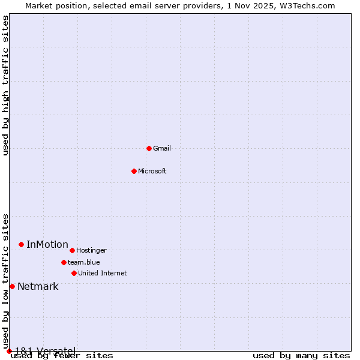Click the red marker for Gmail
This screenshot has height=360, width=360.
149,148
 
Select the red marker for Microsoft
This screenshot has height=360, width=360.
134,171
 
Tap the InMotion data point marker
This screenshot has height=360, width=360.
21,244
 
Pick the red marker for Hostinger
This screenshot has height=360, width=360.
72,250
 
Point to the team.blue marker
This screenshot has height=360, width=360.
64,262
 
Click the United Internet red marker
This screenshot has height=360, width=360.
74,273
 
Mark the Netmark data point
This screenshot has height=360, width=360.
12,286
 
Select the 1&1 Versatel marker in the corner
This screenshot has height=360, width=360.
9,351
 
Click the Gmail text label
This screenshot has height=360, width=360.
162,148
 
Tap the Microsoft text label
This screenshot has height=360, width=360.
152,171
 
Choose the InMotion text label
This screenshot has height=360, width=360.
47,244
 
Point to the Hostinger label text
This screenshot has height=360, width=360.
91,250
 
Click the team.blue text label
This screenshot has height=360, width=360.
84,262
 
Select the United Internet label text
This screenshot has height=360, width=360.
103,273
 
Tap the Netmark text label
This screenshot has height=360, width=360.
38,286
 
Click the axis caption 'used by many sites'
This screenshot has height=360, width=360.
301,355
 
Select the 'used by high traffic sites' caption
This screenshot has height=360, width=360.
5,85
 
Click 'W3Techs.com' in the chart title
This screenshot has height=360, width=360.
306,5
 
